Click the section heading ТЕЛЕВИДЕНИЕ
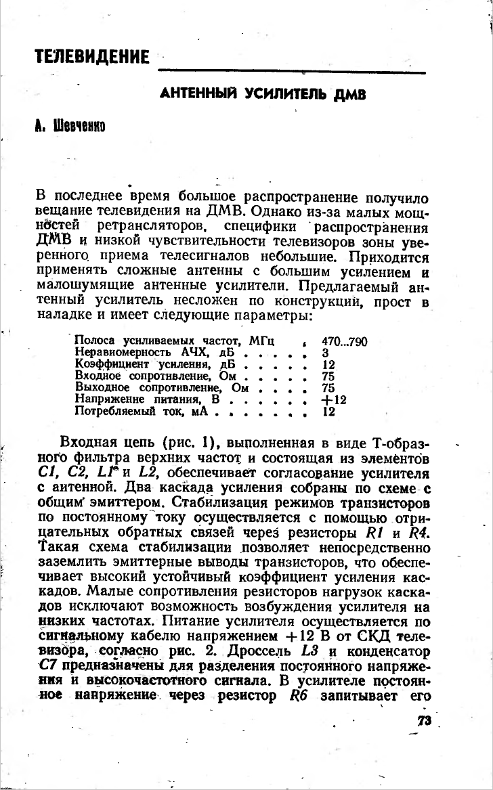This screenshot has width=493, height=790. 92,57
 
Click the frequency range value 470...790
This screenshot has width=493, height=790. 344,343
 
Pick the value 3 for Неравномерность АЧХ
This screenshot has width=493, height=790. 325,353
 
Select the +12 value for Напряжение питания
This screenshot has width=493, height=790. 333,399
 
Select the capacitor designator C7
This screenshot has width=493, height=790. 48,667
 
